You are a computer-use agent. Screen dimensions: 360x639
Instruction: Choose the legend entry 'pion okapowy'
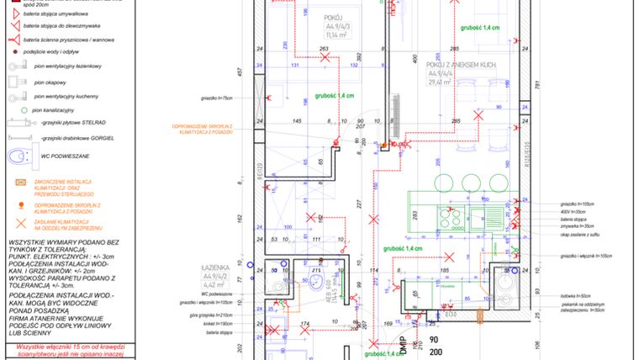[x=50, y=82]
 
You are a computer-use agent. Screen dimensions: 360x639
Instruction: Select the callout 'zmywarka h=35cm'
[x=578, y=226]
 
